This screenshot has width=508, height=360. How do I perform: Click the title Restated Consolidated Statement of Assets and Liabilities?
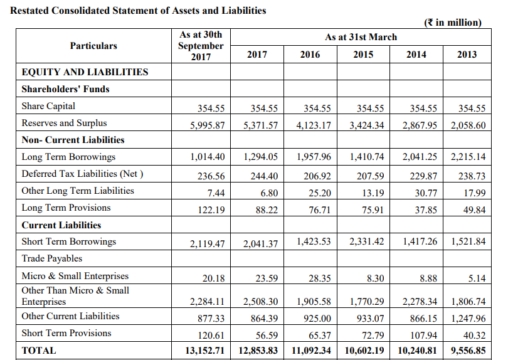[139, 11]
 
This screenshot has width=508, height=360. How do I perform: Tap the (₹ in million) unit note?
[453, 23]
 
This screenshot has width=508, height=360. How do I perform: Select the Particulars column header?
[93, 46]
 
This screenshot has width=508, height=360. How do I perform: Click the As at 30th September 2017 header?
[200, 46]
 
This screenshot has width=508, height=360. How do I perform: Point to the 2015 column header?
[362, 55]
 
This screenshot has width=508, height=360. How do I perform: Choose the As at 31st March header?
[361, 37]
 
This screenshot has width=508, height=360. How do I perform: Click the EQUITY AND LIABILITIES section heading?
[85, 72]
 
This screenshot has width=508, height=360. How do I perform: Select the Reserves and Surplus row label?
[64, 123]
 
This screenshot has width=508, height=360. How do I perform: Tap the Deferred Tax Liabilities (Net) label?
[82, 174]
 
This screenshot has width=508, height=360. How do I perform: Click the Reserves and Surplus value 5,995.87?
[207, 125]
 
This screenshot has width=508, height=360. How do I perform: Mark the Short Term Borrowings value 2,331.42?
[366, 241]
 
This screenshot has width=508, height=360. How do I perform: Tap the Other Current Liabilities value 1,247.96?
[468, 319]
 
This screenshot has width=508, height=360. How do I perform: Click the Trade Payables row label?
[51, 258]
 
